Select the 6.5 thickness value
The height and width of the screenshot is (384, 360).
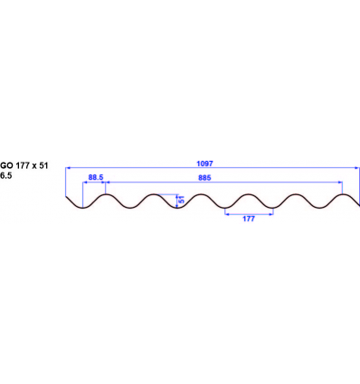click(x=7, y=176)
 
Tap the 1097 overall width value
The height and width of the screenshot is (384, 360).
click(x=204, y=163)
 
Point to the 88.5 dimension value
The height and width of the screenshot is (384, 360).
click(x=94, y=178)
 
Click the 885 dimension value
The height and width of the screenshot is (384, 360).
click(x=204, y=178)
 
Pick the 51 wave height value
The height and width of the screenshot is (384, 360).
click(x=181, y=201)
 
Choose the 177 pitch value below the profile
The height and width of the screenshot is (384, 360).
click(x=249, y=220)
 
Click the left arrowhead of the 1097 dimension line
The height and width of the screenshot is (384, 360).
click(x=68, y=168)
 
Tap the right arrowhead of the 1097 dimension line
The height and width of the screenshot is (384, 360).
click(x=356, y=168)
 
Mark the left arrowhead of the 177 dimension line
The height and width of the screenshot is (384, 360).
click(x=226, y=214)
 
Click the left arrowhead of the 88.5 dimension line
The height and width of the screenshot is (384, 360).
click(x=84, y=183)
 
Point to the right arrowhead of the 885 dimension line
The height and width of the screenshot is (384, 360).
click(x=341, y=183)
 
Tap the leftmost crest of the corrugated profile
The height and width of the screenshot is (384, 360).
click(x=107, y=194)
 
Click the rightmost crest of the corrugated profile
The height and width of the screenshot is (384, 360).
click(x=343, y=194)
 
